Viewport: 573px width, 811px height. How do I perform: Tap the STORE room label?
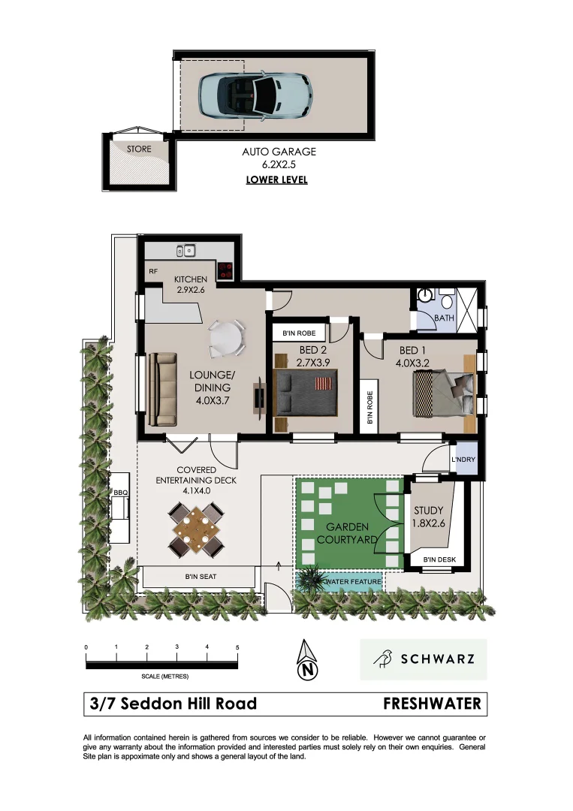(138, 149)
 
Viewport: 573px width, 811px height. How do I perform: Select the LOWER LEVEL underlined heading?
(276, 180)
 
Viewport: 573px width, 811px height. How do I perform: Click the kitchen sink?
(185, 250)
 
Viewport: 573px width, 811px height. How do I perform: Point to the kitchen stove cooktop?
(226, 270)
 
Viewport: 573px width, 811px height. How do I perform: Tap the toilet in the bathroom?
(448, 303)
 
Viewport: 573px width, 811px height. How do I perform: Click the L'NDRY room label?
(463, 460)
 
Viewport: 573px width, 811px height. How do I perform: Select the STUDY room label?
(429, 511)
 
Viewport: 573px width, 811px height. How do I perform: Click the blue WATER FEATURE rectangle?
(353, 581)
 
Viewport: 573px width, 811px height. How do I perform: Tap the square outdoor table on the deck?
(197, 532)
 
